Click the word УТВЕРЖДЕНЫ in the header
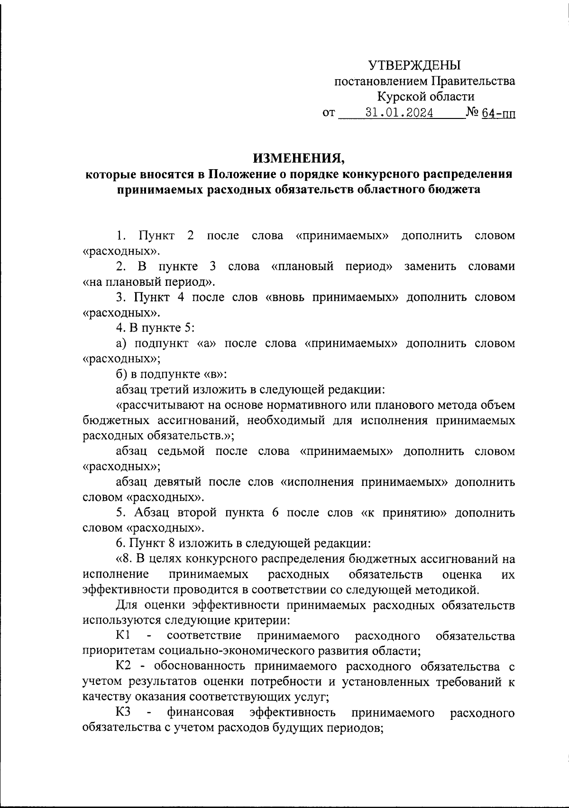click(x=415, y=65)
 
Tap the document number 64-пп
click(x=498, y=114)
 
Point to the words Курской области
click(x=425, y=97)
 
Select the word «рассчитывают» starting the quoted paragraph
click(x=158, y=405)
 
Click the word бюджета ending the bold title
click(x=456, y=190)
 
